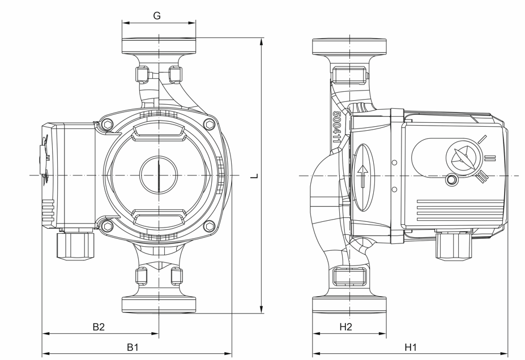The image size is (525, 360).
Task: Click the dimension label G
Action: tap(157, 15)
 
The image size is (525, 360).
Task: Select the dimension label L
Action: tap(255, 176)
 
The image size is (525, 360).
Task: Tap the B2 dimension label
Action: tap(99, 327)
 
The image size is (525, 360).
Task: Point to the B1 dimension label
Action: tap(133, 348)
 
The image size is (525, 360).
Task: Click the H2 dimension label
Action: tap(346, 327)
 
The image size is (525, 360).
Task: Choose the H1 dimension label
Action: tap(411, 348)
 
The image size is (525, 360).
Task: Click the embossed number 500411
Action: tap(336, 127)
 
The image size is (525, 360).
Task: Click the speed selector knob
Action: tap(464, 157)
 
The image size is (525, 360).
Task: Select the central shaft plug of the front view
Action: tap(159, 175)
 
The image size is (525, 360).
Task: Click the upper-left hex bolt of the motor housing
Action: tap(108, 125)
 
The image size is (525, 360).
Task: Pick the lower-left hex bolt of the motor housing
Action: tap(108, 226)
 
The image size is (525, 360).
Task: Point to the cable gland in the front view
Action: tap(76, 244)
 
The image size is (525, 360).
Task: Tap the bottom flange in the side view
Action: tap(349, 305)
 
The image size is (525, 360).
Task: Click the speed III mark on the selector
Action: tap(482, 176)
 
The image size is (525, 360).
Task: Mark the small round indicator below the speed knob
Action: tap(452, 180)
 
